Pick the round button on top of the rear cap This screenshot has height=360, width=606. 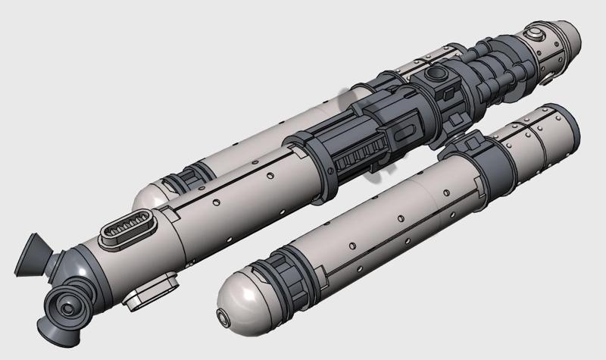coord(536,33)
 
